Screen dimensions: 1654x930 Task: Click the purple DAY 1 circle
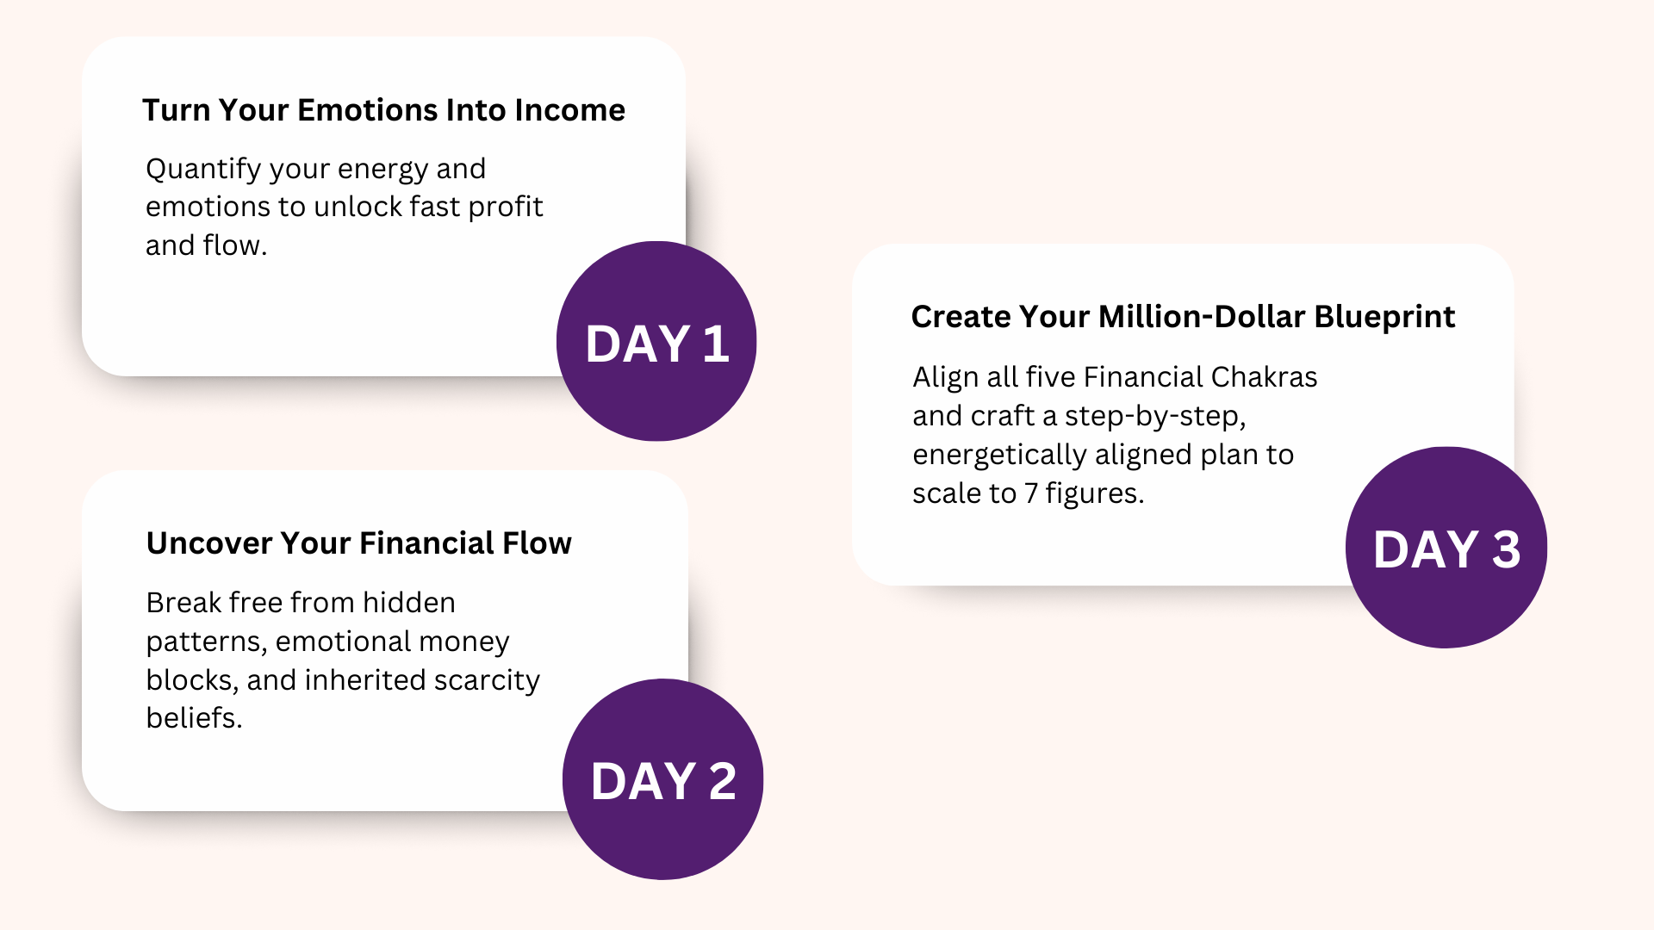tap(656, 341)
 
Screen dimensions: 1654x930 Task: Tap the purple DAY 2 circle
tap(662, 779)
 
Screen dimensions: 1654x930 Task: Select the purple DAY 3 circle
tap(1446, 548)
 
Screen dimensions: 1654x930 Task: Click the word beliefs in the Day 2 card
tap(194, 718)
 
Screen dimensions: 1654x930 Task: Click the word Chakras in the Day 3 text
tap(1264, 377)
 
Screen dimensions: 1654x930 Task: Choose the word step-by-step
tap(1155, 417)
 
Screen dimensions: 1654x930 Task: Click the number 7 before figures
tap(1030, 493)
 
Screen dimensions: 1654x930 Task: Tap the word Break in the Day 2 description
tap(183, 603)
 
